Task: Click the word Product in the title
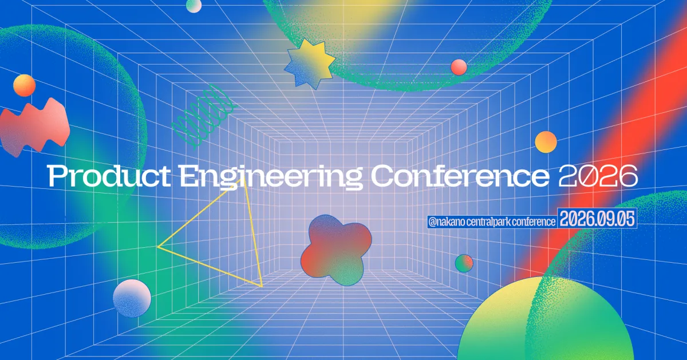[x=109, y=176]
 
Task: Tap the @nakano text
[x=446, y=221]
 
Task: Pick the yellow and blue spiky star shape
[x=310, y=64]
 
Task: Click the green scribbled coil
[x=204, y=117]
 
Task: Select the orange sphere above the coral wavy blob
[x=24, y=85]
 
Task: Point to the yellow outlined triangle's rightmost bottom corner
[x=262, y=287]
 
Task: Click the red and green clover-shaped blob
[x=336, y=250]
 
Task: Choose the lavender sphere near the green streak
[x=132, y=298]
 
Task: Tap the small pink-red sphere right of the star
[x=459, y=67]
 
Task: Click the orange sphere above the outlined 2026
[x=546, y=142]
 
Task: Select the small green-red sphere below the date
[x=464, y=263]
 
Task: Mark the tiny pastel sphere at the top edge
[x=194, y=5]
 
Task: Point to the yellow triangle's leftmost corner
[x=157, y=247]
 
